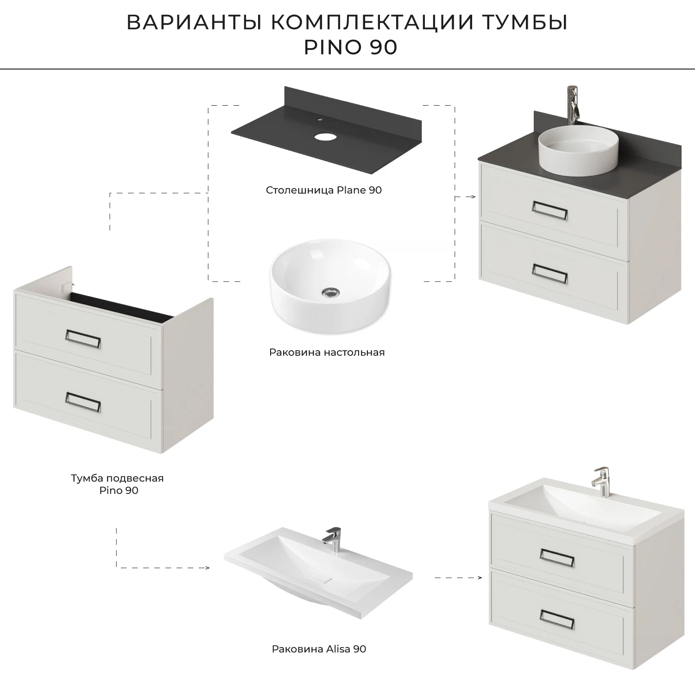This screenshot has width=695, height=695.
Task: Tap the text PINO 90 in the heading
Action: coord(350,48)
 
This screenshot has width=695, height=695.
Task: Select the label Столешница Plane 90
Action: coord(323,190)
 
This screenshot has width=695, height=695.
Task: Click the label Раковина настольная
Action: coord(327,352)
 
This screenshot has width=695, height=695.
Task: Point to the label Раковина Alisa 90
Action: coord(319,649)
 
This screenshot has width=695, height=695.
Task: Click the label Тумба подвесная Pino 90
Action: coord(117,484)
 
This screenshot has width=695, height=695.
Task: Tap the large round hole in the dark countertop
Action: coord(325,137)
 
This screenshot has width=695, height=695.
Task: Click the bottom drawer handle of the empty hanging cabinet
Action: coord(83,402)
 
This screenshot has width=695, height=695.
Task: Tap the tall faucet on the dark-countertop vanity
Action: coord(573,104)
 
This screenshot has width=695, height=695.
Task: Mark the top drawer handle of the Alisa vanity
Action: coord(557,557)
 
